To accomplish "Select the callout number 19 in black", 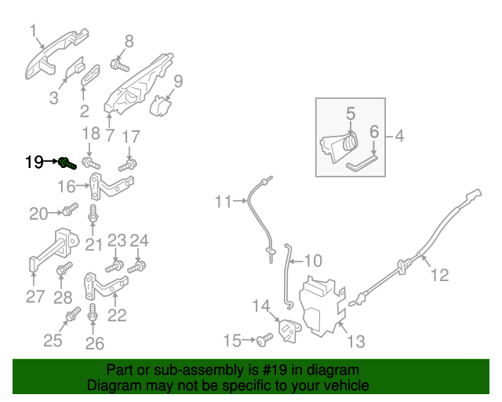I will [35, 163].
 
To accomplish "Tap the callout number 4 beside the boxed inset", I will [399, 137].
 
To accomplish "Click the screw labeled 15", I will [264, 339].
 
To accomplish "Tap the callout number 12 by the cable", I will [440, 275].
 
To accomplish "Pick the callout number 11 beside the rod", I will [224, 203].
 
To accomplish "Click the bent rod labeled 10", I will [288, 275].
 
